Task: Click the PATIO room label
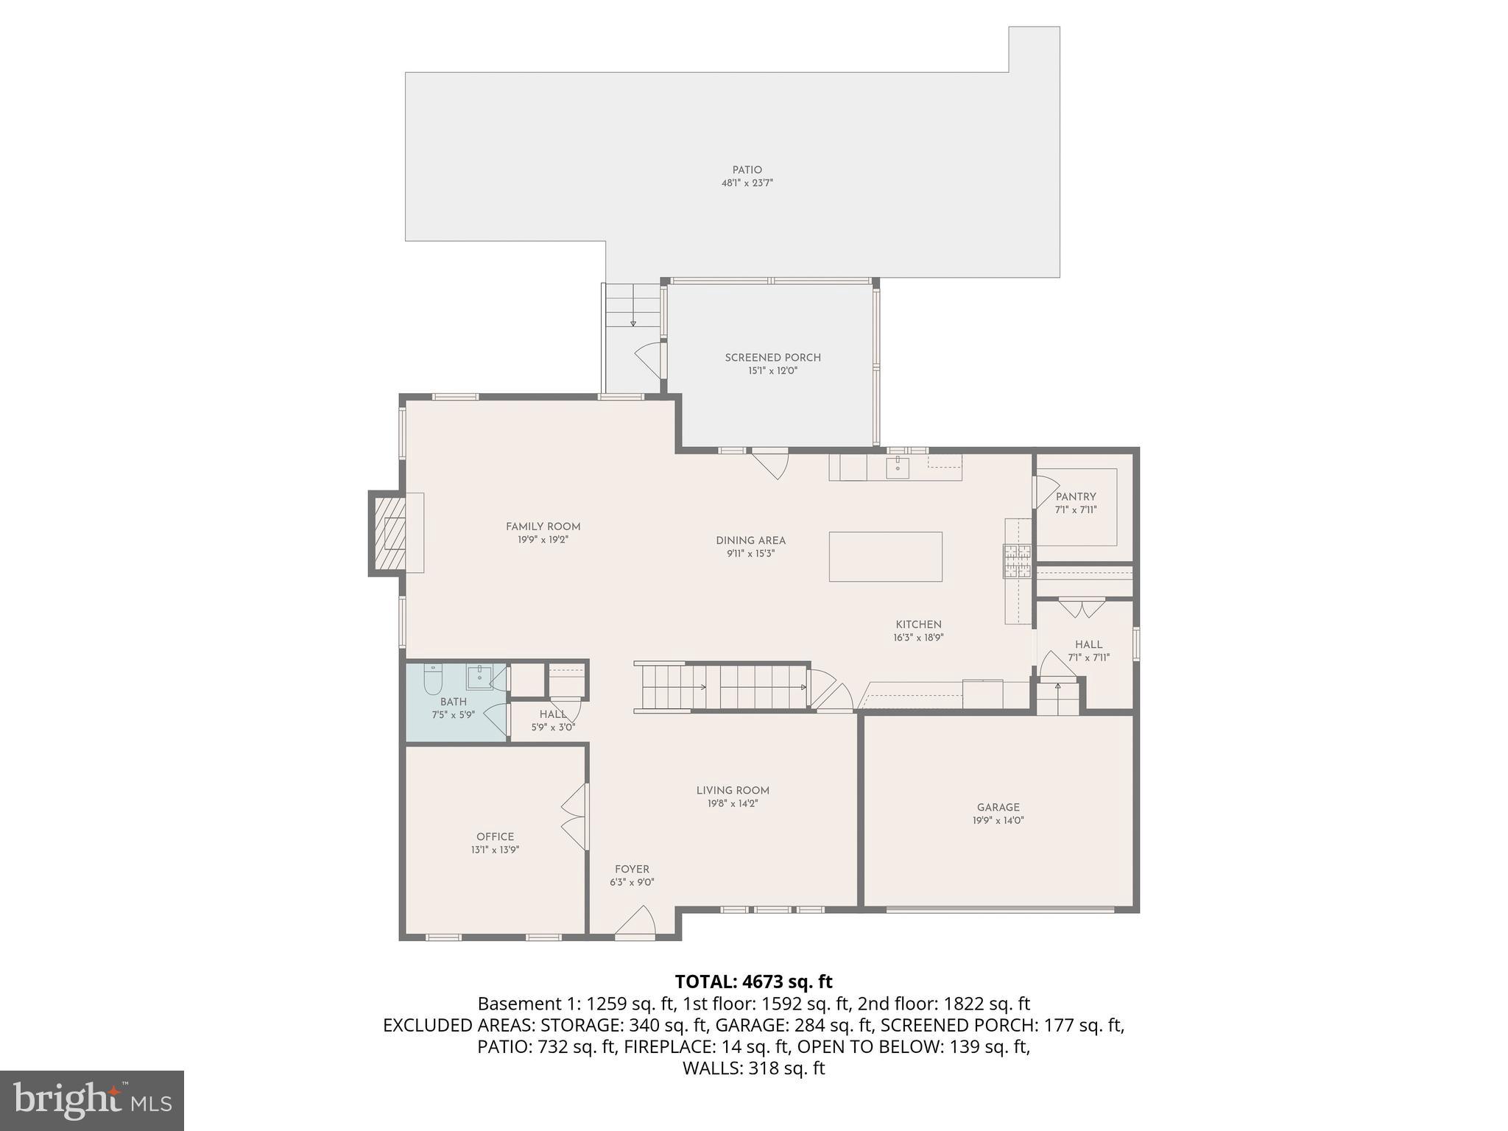747,170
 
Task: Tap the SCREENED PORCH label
772,358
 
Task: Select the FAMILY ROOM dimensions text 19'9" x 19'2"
543,540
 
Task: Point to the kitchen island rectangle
885,557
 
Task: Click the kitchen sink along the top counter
898,467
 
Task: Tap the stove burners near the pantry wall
1018,560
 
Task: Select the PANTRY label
1076,497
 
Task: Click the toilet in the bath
432,681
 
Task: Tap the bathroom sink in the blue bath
479,676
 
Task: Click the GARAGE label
998,807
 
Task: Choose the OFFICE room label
495,836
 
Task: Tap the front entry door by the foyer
635,924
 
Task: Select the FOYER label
632,870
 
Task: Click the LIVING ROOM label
732,791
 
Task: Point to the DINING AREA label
750,540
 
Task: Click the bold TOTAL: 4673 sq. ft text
753,982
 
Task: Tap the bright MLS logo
92,1100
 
